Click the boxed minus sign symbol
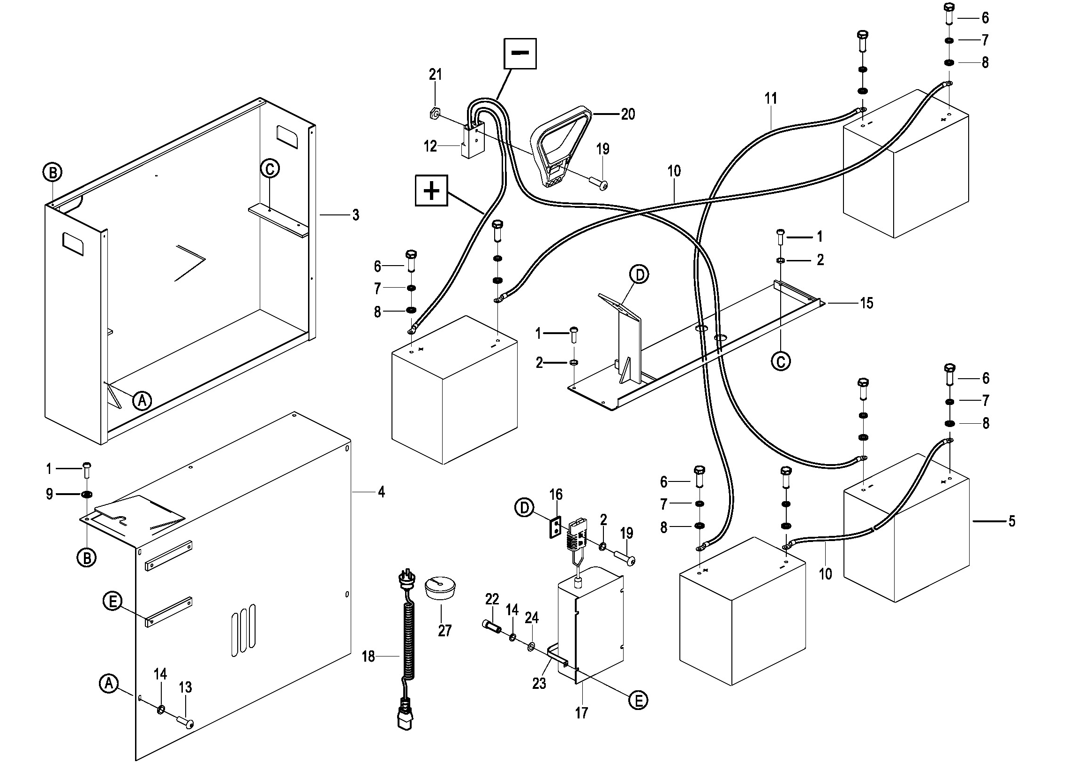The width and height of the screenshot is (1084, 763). point(520,53)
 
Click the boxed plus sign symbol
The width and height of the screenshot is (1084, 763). point(431,191)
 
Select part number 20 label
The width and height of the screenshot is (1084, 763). point(628,114)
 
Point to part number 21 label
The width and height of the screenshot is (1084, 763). point(435,75)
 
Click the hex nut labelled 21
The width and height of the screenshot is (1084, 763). point(434,114)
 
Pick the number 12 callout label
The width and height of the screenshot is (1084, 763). point(430,146)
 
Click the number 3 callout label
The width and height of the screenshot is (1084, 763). point(355,215)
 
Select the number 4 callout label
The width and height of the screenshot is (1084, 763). point(381,492)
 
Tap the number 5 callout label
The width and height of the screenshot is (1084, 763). point(1011,521)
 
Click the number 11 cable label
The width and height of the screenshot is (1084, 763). point(770,99)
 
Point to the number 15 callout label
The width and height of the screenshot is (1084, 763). point(866,303)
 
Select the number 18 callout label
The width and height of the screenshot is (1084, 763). point(368,656)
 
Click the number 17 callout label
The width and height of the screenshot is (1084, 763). point(581,713)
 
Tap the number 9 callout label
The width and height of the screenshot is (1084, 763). point(49,495)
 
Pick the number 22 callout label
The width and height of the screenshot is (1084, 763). point(492,600)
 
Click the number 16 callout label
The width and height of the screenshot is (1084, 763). point(556,495)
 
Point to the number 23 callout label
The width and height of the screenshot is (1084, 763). point(539,683)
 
